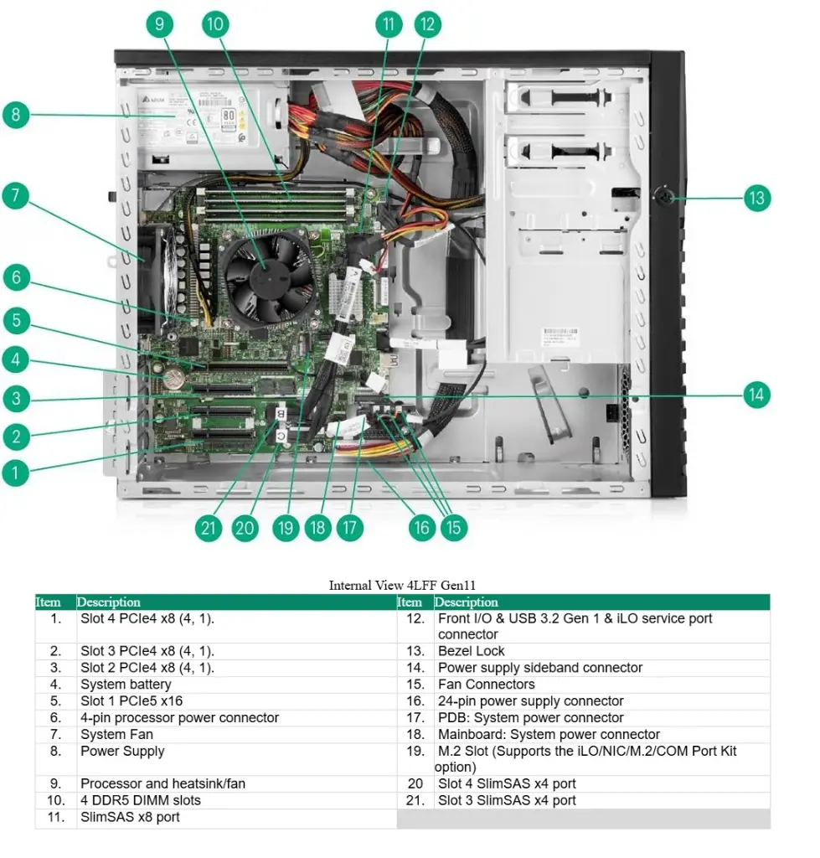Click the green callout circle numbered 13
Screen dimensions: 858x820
(x=756, y=199)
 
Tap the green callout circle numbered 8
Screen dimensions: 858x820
(x=15, y=114)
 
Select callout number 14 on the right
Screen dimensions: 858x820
(x=756, y=395)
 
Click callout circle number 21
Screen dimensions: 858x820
(x=208, y=528)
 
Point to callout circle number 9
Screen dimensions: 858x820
(x=159, y=23)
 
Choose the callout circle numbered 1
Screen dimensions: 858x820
(x=15, y=473)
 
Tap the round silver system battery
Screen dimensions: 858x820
(x=173, y=378)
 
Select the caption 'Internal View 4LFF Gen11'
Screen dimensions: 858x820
(x=402, y=586)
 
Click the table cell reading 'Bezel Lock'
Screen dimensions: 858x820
(x=472, y=651)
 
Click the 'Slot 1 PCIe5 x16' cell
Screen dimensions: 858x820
(x=131, y=701)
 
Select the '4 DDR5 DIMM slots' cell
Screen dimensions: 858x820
(x=140, y=800)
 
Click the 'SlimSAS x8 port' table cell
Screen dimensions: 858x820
(x=130, y=817)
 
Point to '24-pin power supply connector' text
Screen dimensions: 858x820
(x=530, y=701)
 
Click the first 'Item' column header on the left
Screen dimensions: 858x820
(x=49, y=602)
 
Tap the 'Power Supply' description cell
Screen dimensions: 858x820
(x=122, y=752)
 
